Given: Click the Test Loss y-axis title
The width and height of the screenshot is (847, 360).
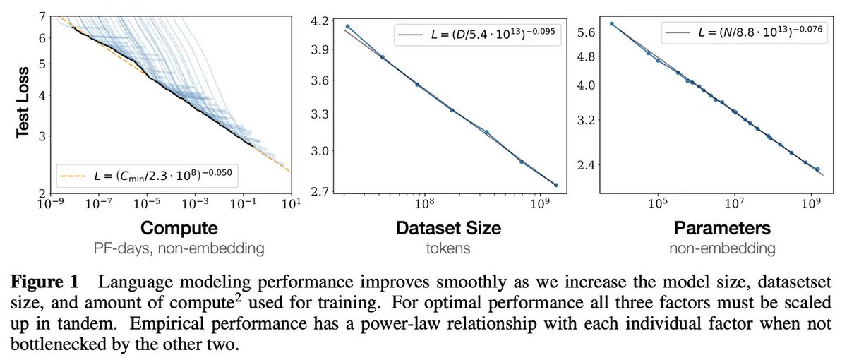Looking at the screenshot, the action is pyautogui.click(x=23, y=103).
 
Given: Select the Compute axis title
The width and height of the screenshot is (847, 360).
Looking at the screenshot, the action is pyautogui.click(x=179, y=228).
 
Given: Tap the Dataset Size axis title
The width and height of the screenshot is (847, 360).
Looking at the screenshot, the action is pyautogui.click(x=448, y=228).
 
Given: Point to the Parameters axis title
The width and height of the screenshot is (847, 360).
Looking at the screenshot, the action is pyautogui.click(x=722, y=228).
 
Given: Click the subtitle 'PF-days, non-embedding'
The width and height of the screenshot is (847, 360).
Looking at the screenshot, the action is pyautogui.click(x=179, y=248).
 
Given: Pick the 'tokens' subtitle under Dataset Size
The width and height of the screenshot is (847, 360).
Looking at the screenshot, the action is pyautogui.click(x=448, y=248).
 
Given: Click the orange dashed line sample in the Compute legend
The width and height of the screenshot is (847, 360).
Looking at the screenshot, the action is pyautogui.click(x=73, y=176).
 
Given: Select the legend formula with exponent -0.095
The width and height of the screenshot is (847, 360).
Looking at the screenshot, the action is pyautogui.click(x=493, y=34).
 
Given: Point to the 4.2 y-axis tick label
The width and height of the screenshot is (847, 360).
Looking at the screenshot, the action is pyautogui.click(x=320, y=21).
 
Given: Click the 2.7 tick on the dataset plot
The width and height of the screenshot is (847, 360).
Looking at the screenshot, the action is pyautogui.click(x=320, y=191).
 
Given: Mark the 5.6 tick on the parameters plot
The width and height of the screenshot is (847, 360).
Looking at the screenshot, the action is pyautogui.click(x=587, y=32).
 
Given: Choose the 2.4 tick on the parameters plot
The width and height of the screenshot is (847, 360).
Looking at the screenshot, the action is pyautogui.click(x=587, y=165).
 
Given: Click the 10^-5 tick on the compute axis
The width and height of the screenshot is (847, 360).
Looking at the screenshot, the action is pyautogui.click(x=147, y=203).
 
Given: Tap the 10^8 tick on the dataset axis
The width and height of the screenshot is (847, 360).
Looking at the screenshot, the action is pyautogui.click(x=424, y=203).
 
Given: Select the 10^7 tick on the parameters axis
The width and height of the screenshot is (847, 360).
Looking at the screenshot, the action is pyautogui.click(x=734, y=203).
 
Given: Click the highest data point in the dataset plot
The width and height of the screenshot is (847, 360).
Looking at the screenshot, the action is pyautogui.click(x=348, y=27).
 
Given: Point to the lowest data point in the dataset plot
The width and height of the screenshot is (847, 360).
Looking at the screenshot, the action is pyautogui.click(x=556, y=185).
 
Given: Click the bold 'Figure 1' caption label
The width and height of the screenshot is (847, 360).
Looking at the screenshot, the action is pyautogui.click(x=44, y=282).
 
